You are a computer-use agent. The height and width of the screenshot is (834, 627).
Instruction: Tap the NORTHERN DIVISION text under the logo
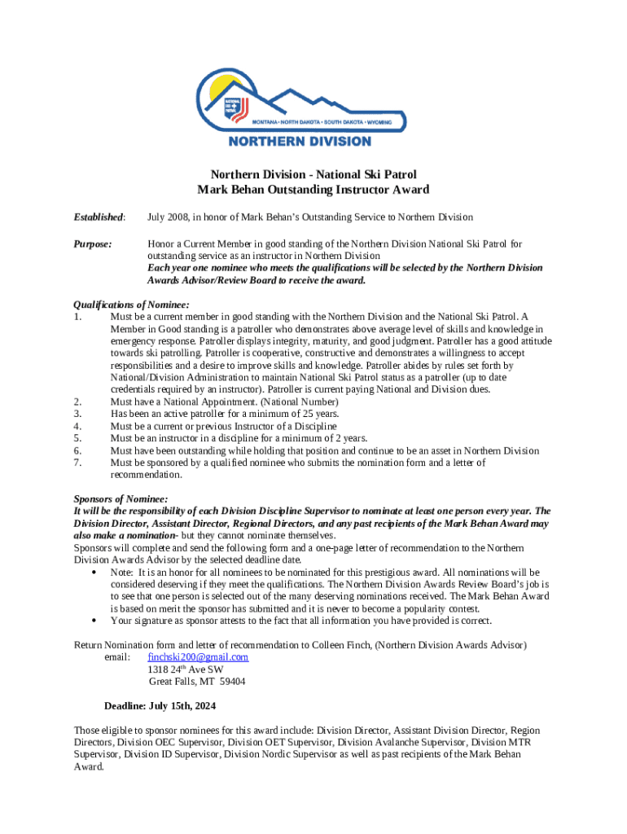click(x=299, y=141)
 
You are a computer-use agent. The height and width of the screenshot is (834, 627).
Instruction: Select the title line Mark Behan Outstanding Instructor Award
click(x=313, y=190)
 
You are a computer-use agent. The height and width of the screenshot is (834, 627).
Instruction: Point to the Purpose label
click(x=94, y=244)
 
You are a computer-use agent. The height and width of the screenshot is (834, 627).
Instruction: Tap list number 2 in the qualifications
click(x=77, y=402)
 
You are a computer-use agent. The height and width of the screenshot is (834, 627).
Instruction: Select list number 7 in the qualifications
click(x=77, y=463)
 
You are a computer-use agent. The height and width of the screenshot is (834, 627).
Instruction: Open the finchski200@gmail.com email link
click(x=198, y=657)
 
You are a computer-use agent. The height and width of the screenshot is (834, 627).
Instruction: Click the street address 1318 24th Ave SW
click(x=186, y=669)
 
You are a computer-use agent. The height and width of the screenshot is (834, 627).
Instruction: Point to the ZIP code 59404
click(x=232, y=682)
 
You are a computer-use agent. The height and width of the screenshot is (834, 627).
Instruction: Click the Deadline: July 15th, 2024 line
click(x=160, y=706)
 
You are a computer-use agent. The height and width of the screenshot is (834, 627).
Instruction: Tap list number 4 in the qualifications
click(x=77, y=426)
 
